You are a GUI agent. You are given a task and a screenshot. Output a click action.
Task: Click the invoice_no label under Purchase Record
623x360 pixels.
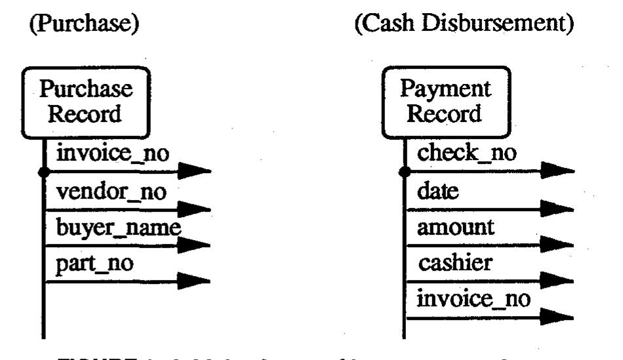pyautogui.click(x=113, y=155)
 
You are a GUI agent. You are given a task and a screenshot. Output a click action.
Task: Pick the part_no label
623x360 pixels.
pyautogui.click(x=96, y=264)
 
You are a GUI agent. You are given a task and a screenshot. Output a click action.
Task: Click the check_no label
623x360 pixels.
pyautogui.click(x=467, y=155)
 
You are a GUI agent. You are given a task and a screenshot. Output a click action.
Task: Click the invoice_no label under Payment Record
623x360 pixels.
pyautogui.click(x=473, y=300)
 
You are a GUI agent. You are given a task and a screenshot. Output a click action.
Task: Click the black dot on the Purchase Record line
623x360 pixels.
pyautogui.click(x=44, y=172)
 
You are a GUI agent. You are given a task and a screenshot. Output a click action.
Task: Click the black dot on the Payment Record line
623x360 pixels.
pyautogui.click(x=405, y=172)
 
